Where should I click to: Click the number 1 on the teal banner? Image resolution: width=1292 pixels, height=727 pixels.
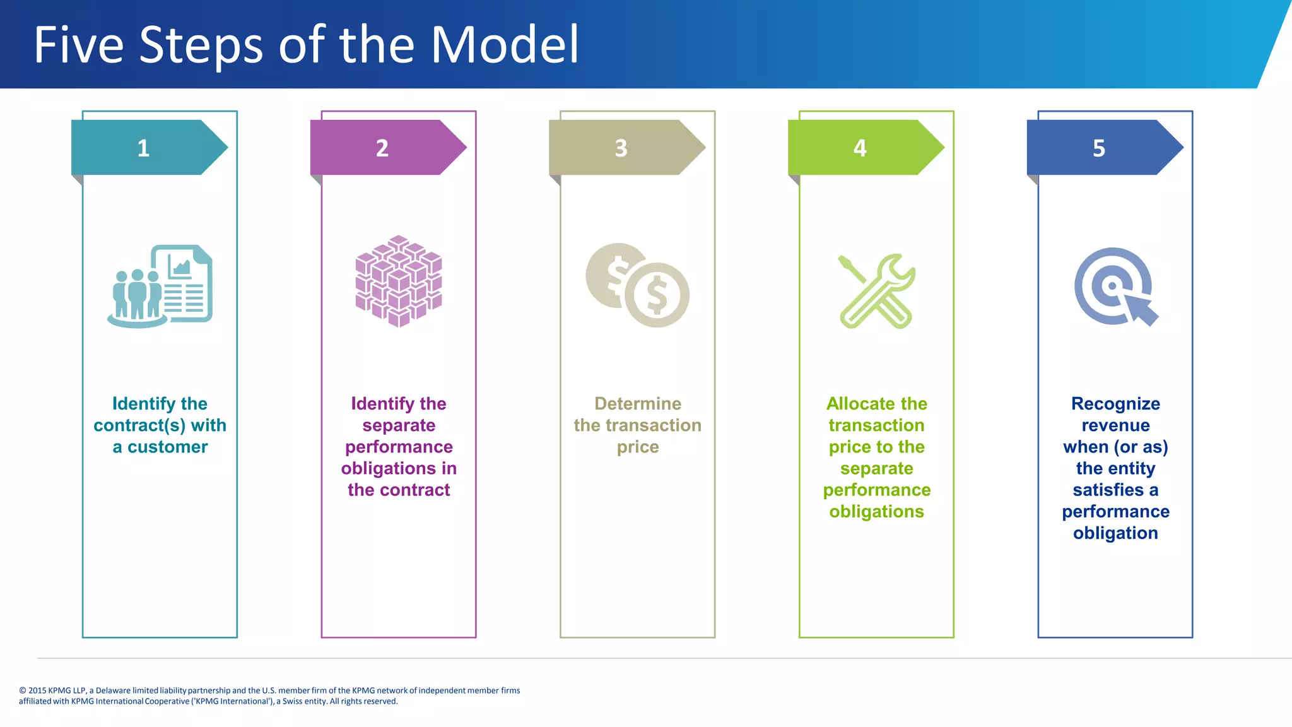point(143,148)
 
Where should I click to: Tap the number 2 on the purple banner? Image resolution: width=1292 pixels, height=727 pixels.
point(382,148)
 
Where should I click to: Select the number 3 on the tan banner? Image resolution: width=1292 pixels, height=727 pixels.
point(621,148)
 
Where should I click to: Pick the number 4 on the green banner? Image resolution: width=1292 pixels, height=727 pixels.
point(860,148)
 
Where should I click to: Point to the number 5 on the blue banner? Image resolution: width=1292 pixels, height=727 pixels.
point(1099,148)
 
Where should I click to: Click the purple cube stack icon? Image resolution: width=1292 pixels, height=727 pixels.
point(399,281)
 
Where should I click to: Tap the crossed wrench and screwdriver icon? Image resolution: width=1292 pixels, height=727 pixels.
point(877,291)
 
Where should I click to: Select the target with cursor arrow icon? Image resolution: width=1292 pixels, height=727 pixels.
point(1115,287)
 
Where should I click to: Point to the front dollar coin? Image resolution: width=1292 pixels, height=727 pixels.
point(657,295)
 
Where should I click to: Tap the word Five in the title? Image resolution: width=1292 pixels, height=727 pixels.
point(78,45)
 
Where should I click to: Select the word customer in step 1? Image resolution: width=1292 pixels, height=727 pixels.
point(167,447)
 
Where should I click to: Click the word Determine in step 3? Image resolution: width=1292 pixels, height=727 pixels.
point(638,404)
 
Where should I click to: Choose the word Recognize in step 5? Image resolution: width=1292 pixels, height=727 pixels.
point(1115,404)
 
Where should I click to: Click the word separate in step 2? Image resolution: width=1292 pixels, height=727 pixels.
point(399,426)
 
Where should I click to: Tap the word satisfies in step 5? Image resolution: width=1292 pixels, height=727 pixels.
point(1108,490)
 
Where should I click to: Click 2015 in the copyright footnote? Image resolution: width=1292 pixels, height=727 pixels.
point(37,690)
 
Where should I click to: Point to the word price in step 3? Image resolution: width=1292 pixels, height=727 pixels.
point(638,447)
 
